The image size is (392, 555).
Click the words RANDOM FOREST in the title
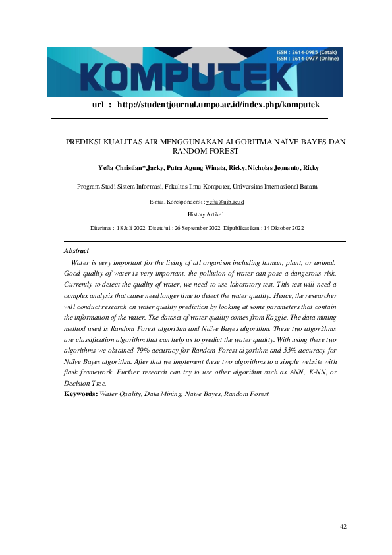tap(205, 151)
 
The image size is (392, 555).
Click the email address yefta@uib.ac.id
tap(225, 201)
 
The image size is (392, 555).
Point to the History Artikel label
tap(206, 214)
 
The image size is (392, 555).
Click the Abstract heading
tap(76, 251)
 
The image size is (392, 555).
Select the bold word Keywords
tap(80, 394)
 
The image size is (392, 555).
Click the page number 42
tap(343, 526)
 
